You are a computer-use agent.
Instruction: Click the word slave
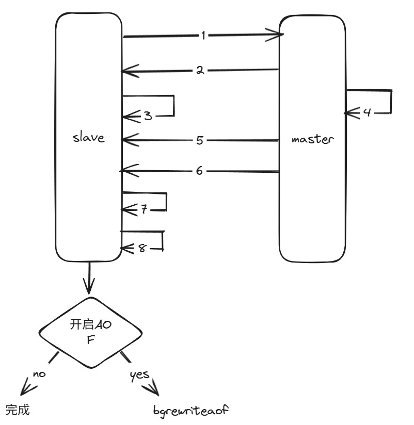coord(89,138)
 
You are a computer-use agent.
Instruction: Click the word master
coord(313,139)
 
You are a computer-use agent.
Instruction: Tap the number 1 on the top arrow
coord(204,36)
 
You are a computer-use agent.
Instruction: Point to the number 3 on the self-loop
coord(148,116)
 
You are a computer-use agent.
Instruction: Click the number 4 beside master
coord(367,112)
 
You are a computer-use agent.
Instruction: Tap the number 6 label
coord(199,170)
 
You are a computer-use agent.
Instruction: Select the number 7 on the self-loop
coord(144,209)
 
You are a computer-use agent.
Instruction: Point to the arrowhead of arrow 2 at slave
coord(124,71)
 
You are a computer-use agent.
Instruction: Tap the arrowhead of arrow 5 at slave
coord(124,140)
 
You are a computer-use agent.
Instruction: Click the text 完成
coord(18,410)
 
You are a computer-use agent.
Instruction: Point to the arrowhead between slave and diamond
coord(90,287)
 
